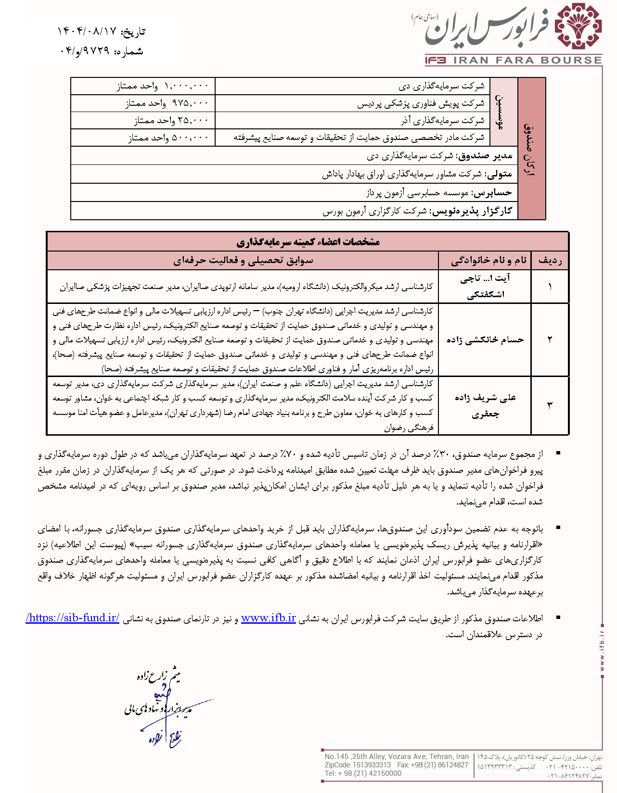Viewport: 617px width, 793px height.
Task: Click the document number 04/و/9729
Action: [x=85, y=51]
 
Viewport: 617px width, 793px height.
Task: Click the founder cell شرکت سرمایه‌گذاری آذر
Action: [x=442, y=121]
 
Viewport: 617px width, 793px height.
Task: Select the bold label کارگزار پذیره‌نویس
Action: [x=471, y=211]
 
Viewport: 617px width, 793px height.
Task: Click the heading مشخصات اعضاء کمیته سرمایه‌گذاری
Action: [x=308, y=241]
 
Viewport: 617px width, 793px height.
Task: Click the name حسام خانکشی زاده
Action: [x=485, y=340]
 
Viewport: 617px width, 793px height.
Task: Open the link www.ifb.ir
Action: [x=268, y=618]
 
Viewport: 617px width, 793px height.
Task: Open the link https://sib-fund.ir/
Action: [x=73, y=618]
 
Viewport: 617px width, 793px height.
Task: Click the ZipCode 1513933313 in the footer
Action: [x=371, y=765]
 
